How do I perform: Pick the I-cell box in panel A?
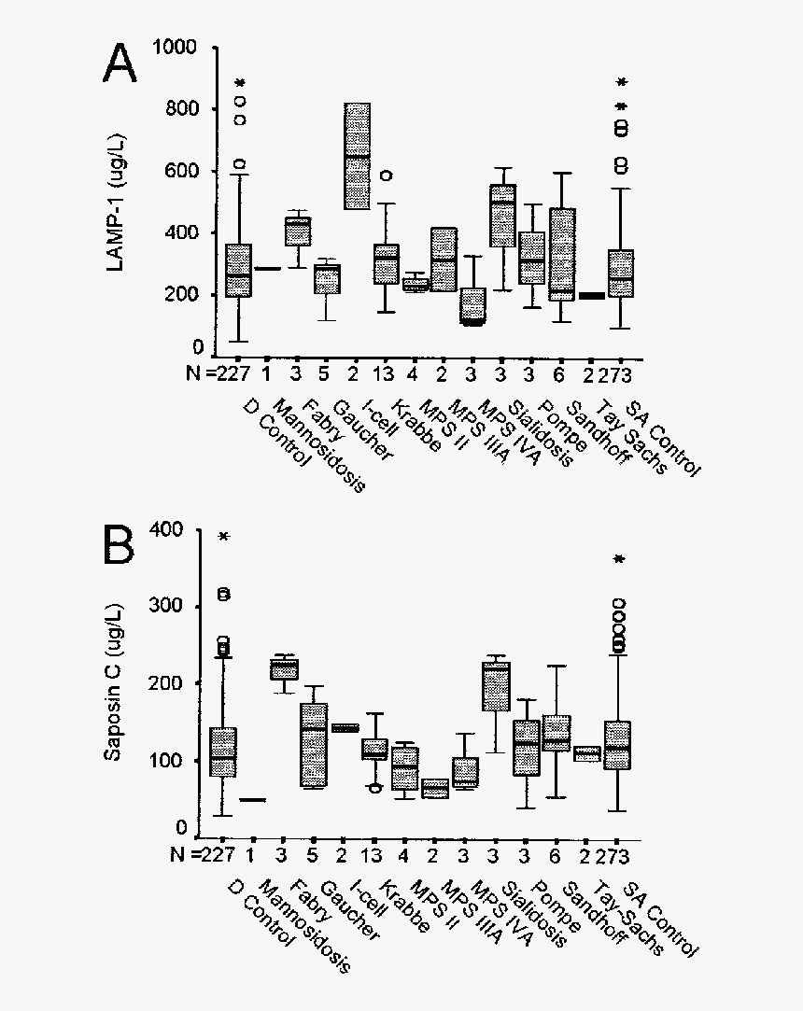pyautogui.click(x=357, y=156)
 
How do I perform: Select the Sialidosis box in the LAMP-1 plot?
pyautogui.click(x=502, y=215)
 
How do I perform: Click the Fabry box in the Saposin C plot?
pyautogui.click(x=283, y=669)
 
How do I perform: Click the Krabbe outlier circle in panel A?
pyautogui.click(x=386, y=175)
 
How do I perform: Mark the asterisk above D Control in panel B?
pyautogui.click(x=223, y=537)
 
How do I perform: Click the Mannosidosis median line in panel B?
pyautogui.click(x=252, y=800)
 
